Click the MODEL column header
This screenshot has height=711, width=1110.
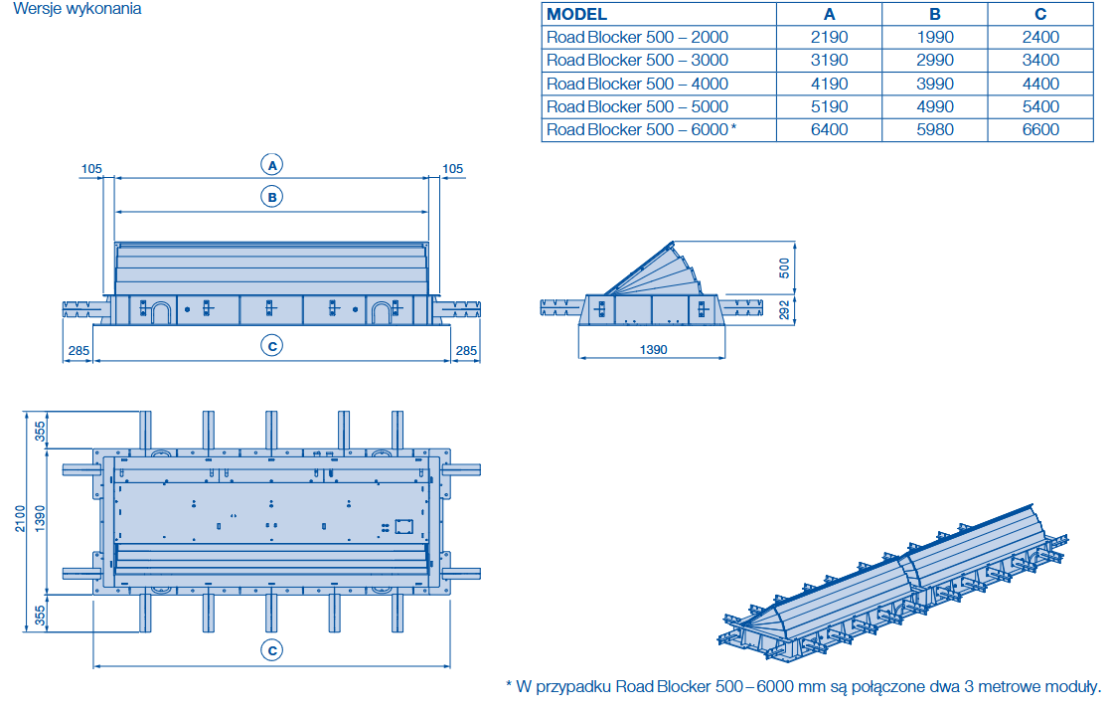coord(577,15)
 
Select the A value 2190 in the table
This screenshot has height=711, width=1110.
coord(829,38)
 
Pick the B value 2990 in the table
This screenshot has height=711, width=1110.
coord(934,61)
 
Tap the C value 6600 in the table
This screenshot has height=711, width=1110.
coord(1040,129)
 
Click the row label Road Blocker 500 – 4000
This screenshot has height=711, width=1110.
coord(637,84)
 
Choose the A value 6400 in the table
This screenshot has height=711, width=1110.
coord(829,129)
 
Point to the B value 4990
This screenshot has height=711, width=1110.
coord(934,106)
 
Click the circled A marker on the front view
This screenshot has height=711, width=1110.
coord(271,164)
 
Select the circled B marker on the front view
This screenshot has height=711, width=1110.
coord(271,197)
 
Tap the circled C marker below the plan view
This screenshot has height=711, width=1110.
coord(271,650)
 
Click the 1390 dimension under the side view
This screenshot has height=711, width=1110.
coord(653,349)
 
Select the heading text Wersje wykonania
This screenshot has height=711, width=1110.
coord(77,9)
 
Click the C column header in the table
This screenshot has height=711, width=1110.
coord(1040,15)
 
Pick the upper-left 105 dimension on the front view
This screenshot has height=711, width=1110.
coord(90,169)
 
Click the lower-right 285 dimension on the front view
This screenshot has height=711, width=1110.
coord(466,350)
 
